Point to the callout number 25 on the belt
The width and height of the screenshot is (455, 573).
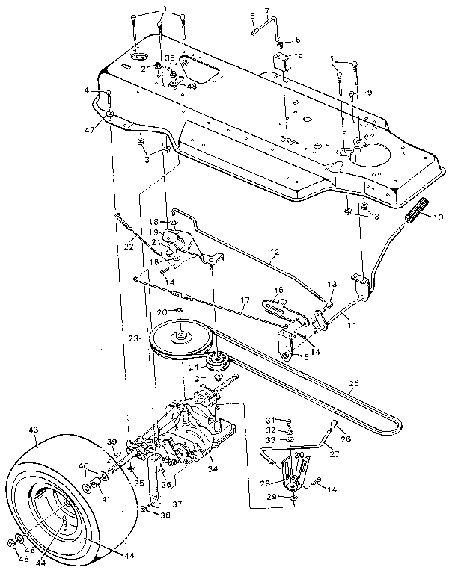(354, 384)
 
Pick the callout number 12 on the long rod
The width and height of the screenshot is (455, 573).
(275, 255)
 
